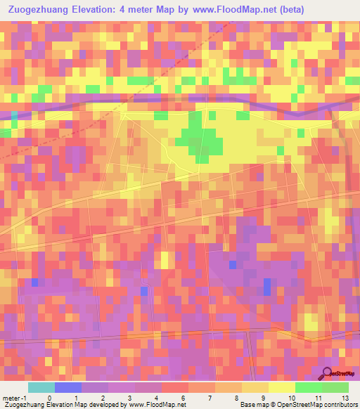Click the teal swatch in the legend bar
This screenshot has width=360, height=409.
(x=41, y=387)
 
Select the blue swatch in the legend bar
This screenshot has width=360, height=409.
(x=67, y=387)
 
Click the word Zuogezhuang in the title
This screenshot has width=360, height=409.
(x=40, y=10)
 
